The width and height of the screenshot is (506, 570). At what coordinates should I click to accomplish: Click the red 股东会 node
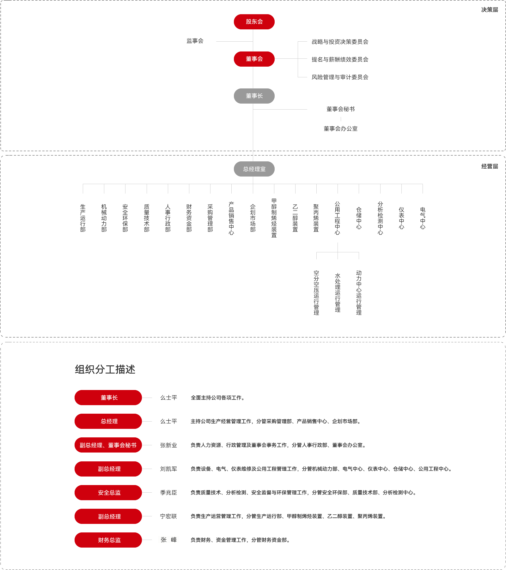254,22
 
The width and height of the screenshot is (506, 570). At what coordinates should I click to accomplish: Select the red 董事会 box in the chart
254,59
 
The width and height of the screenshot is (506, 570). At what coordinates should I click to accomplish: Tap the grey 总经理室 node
254,169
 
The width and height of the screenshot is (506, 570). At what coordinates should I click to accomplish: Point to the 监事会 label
195,41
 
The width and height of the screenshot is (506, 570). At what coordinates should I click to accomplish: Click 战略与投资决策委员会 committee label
340,42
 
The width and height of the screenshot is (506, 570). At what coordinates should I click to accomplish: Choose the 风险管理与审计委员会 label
340,77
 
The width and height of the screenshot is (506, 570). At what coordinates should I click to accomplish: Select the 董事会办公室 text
341,129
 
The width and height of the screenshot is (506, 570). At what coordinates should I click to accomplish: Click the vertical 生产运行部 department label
83,218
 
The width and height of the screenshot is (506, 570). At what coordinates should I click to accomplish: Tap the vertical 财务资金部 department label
189,218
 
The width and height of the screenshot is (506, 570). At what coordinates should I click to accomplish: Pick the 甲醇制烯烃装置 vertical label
274,218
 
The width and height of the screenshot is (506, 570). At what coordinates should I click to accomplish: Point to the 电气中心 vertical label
423,218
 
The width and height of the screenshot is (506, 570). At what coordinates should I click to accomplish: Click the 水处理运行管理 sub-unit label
338,293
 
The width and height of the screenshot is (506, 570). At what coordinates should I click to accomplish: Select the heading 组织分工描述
105,369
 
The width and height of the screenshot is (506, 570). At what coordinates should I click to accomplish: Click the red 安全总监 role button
108,493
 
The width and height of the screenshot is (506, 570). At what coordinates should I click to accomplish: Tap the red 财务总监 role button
108,540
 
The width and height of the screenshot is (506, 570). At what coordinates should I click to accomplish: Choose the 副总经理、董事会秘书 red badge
108,445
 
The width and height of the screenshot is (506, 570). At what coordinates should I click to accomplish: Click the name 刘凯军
168,469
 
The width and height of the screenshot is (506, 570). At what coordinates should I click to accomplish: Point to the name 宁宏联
168,516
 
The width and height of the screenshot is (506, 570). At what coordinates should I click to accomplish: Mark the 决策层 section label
490,10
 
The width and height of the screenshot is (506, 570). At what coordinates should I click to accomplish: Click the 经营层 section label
490,166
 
